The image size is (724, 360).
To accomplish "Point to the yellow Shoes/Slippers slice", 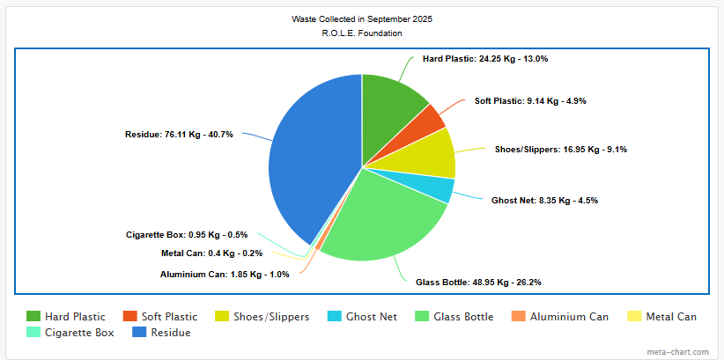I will (435, 153).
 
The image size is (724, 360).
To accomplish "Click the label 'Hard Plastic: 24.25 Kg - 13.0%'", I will (485, 59).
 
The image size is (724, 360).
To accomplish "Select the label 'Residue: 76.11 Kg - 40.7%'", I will (179, 135).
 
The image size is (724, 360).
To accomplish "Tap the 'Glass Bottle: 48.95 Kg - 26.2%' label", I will (478, 283).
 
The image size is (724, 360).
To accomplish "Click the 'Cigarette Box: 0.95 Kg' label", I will (188, 235).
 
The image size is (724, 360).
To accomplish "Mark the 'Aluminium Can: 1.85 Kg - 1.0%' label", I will (225, 275).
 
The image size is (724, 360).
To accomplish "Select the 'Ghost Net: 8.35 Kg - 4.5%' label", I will (544, 201).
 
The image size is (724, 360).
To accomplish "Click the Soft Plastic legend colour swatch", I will (130, 317).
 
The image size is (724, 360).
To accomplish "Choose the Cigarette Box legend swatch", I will (33, 333).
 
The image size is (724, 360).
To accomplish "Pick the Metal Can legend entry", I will (670, 317).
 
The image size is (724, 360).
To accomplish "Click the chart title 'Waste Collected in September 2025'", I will (362, 18).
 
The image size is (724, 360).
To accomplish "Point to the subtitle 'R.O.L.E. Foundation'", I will (362, 33).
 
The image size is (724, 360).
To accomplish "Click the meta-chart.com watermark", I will (678, 352).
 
